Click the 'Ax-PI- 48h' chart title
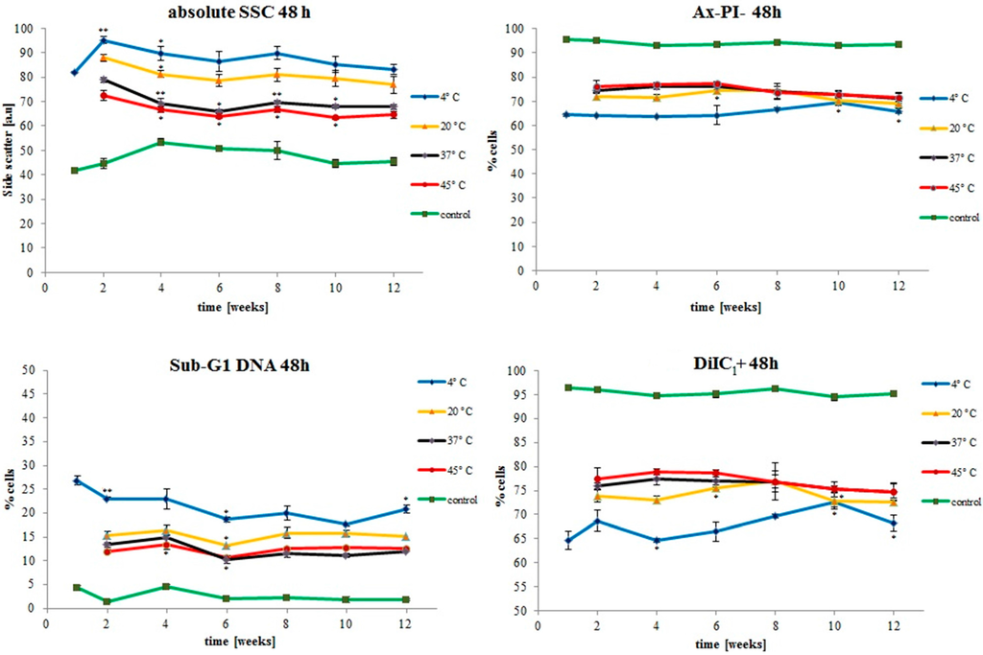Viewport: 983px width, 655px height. (x=728, y=12)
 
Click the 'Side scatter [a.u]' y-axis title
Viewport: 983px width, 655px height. (x=9, y=151)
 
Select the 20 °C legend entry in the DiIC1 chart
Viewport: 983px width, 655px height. (x=949, y=413)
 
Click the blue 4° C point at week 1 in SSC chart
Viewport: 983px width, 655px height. (x=75, y=73)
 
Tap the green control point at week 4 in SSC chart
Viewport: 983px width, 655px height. (x=161, y=142)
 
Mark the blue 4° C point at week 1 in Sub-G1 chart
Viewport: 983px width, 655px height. (x=77, y=480)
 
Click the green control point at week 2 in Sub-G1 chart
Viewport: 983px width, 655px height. (x=107, y=601)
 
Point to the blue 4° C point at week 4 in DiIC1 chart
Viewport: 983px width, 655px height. (x=657, y=541)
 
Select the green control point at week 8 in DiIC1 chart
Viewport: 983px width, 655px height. (x=776, y=388)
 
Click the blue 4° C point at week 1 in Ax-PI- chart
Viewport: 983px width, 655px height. (x=566, y=114)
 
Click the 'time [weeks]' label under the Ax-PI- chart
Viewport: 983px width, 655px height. (x=726, y=308)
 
